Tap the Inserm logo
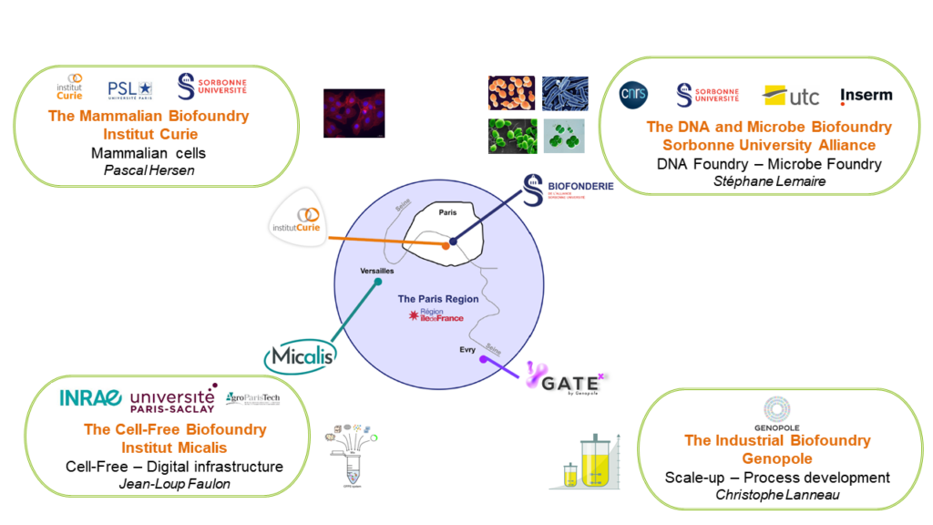coord(866,95)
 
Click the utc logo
coord(791,96)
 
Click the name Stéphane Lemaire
coord(769,181)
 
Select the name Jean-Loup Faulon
coord(174,484)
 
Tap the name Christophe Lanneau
coord(776,495)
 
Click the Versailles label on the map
coord(377,272)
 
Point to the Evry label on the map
coord(466,349)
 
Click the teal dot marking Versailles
coord(377,283)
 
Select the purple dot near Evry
coord(482,360)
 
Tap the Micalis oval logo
coord(301,355)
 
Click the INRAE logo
coord(90,397)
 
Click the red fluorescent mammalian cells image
coord(354,113)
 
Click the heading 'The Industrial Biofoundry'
coord(777,440)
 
